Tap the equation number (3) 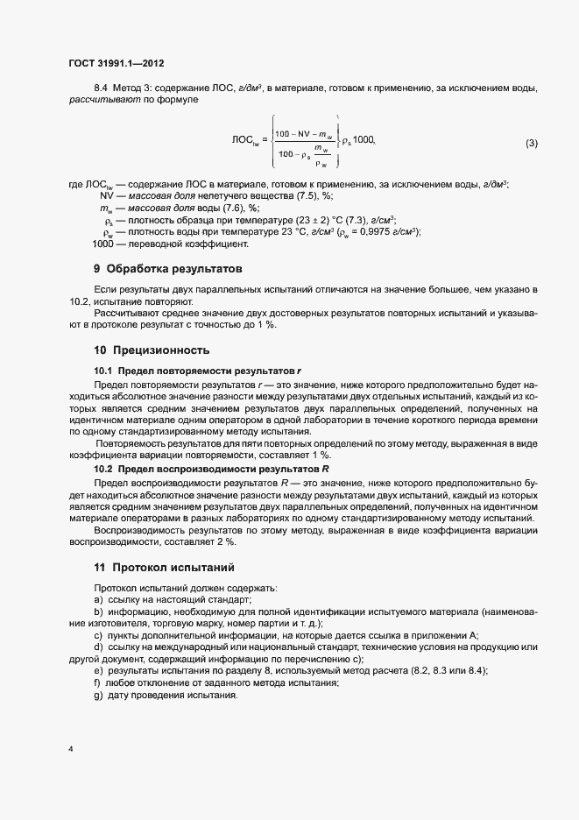(x=531, y=143)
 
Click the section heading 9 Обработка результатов (x=167, y=268)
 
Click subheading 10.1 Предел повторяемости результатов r (x=197, y=371)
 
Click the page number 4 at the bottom (x=70, y=751)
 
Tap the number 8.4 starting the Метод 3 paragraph (x=101, y=89)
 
